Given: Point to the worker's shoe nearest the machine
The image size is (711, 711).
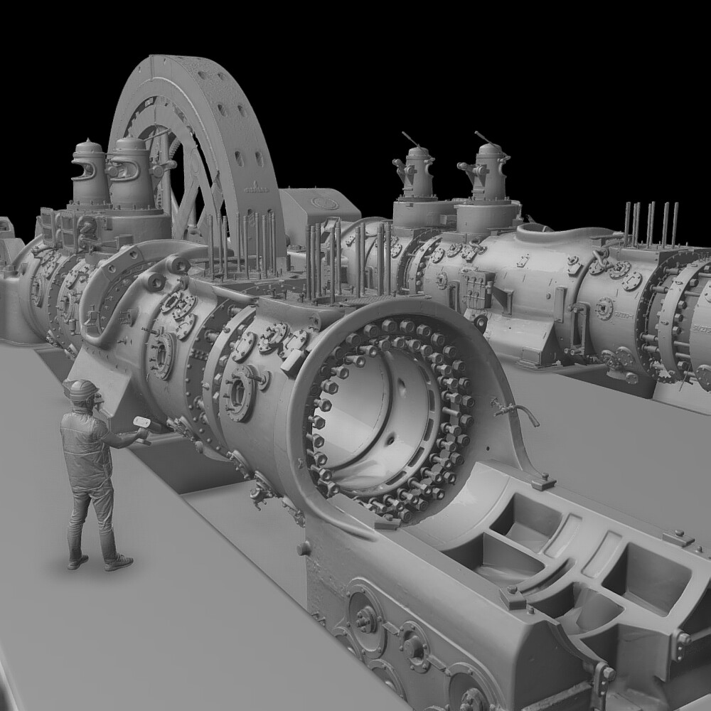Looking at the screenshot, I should click(118, 563).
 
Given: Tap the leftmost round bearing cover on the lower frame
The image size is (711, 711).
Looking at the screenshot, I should click(365, 619).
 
